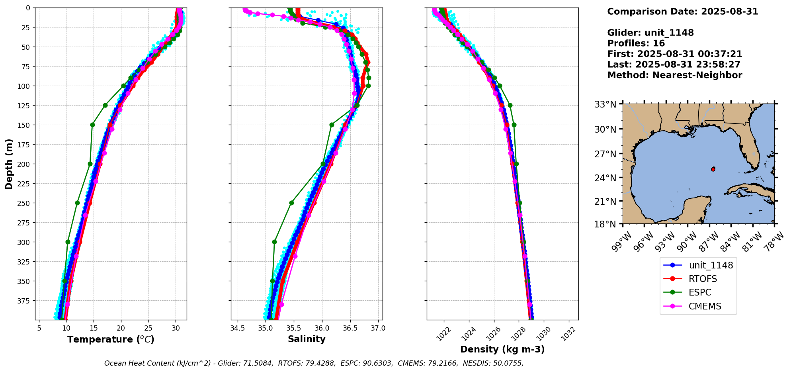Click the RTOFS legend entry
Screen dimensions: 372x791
pos(703,279)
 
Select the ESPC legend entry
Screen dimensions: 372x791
pos(699,292)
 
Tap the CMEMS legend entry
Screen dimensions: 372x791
pos(705,306)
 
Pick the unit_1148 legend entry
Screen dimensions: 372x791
pos(711,265)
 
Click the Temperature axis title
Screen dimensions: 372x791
pos(111,339)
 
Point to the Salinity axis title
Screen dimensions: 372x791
pos(307,339)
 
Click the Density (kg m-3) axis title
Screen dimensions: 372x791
pos(502,349)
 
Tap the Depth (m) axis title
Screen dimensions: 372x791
pos(9,164)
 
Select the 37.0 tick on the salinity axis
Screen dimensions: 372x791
pos(378,329)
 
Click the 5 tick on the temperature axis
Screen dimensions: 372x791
pos(39,329)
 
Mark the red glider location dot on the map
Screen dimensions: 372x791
pos(713,169)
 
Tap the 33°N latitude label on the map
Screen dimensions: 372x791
pos(605,104)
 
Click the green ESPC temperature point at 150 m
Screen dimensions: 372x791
pos(92,125)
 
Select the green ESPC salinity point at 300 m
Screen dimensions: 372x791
pos(274,242)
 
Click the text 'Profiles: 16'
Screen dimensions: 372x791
pos(636,43)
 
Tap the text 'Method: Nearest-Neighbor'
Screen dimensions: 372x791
pos(674,75)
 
